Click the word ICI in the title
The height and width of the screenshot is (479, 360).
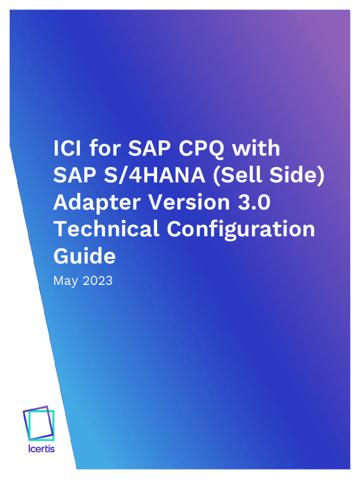(x=67, y=148)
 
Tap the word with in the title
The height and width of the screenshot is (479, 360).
(x=256, y=148)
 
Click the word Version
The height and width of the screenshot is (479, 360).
(x=189, y=202)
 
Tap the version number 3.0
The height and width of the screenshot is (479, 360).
(x=254, y=202)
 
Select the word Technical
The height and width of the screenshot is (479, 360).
(x=107, y=229)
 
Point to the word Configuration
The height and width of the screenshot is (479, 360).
(x=241, y=230)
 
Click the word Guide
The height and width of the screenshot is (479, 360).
(x=85, y=256)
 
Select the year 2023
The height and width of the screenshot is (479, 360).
(x=98, y=281)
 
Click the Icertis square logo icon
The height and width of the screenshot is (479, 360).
(x=39, y=423)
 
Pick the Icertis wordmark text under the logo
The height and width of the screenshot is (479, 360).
(x=41, y=449)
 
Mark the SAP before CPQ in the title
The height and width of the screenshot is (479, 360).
(x=149, y=148)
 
